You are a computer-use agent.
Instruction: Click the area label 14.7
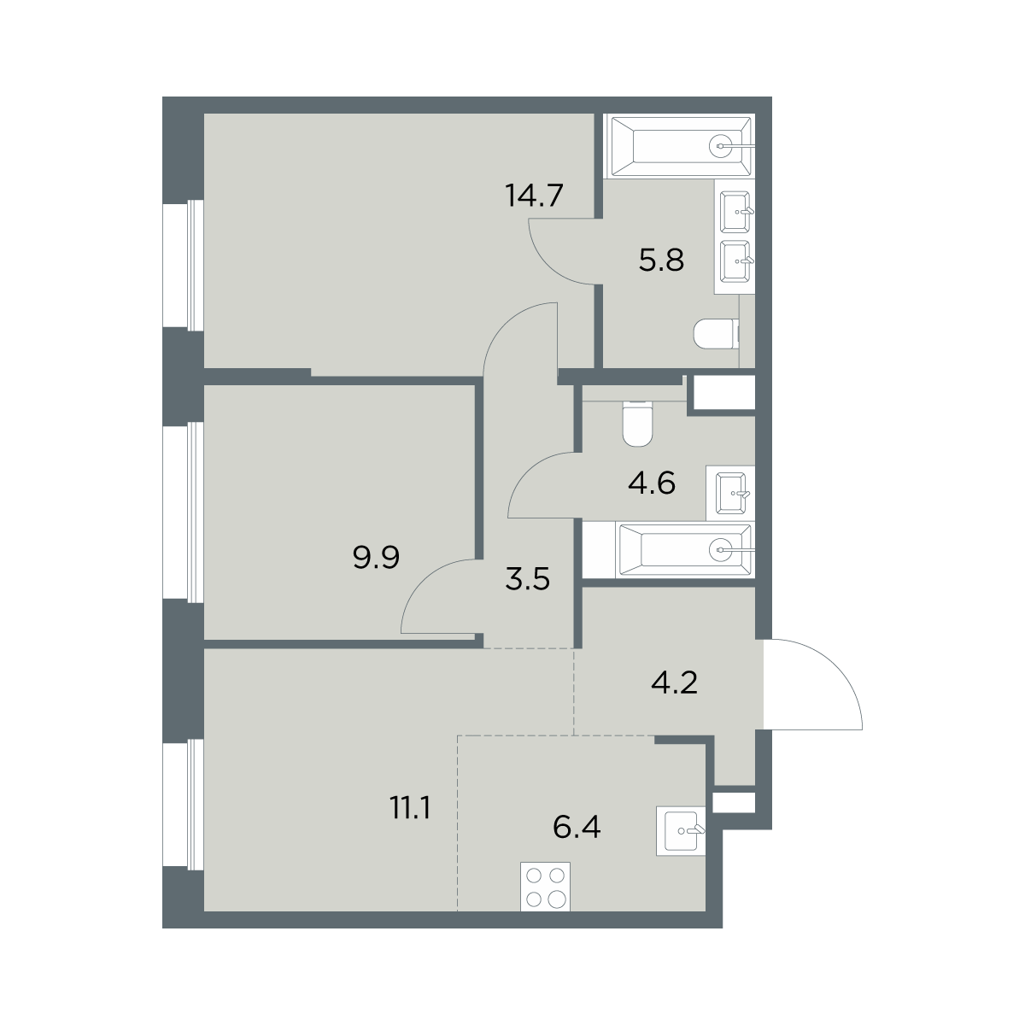[x=534, y=196]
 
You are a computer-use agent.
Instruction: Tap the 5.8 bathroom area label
[x=661, y=261]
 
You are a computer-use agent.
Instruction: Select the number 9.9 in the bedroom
[x=376, y=558]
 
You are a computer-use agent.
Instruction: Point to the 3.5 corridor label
[x=527, y=579]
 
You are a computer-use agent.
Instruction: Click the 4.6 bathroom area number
[x=652, y=483]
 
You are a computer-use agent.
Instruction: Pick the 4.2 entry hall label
[x=674, y=683]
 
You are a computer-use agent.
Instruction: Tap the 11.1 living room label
[x=410, y=809]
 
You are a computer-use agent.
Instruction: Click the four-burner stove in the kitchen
[x=545, y=886]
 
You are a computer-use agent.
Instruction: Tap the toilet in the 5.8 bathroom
[x=717, y=334]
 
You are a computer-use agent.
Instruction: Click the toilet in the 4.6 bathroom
[x=637, y=423]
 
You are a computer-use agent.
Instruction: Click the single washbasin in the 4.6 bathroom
[x=732, y=493]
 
